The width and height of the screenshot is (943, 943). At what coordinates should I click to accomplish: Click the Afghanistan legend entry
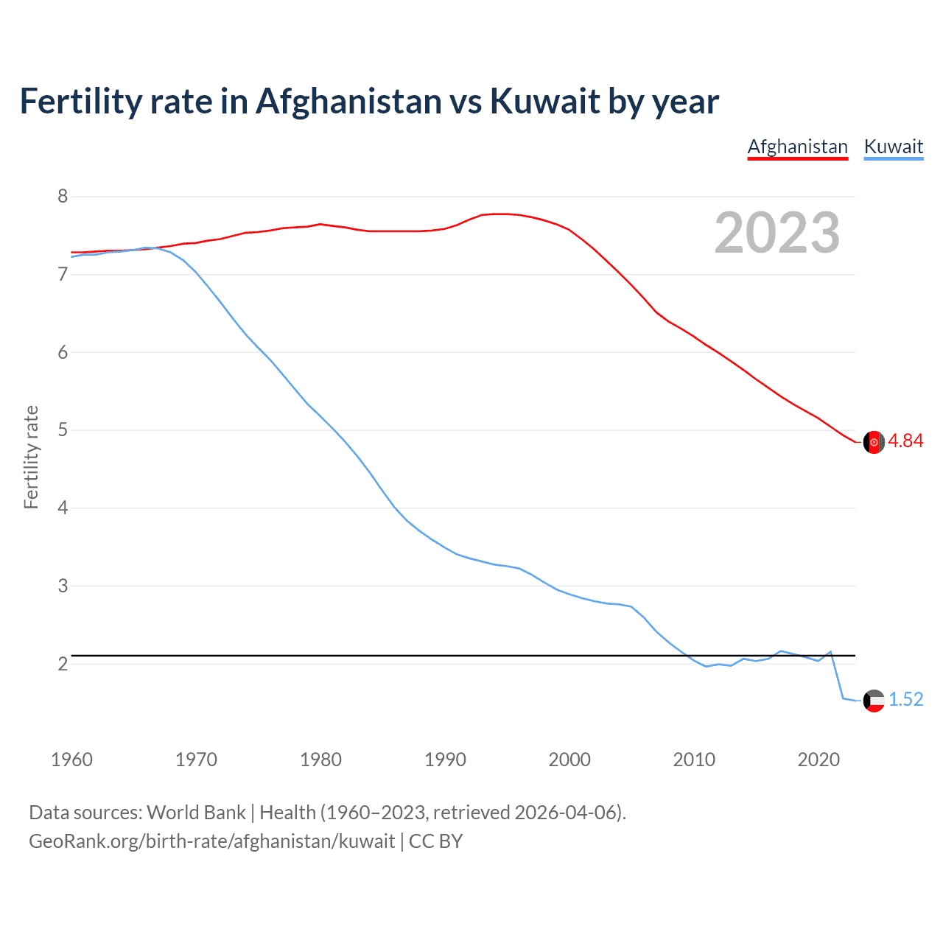pos(797,147)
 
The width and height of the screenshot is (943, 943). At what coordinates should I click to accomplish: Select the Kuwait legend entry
pos(893,147)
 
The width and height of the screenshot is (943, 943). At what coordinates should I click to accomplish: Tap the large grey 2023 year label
pos(777,233)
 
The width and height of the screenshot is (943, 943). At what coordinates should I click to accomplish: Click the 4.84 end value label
pos(905,441)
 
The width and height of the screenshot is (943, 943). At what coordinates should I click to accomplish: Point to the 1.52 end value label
pos(905,699)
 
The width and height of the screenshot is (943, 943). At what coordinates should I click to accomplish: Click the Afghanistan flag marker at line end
pos(874,442)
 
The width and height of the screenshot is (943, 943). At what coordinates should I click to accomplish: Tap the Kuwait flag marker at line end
pos(874,701)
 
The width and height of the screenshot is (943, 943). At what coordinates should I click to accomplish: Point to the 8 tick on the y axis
pos(63,196)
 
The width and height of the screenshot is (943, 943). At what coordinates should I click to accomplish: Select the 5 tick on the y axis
pos(63,430)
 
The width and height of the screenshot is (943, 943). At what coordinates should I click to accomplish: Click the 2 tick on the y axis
pos(63,664)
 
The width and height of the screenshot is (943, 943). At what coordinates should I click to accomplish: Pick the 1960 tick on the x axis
pos(71,760)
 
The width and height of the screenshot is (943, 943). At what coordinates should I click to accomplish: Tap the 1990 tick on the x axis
pos(445,760)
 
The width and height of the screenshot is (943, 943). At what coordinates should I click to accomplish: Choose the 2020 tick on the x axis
pos(818,760)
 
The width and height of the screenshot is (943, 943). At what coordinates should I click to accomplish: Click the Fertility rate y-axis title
pos(31,457)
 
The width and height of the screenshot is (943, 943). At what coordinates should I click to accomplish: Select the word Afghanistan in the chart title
pos(348,101)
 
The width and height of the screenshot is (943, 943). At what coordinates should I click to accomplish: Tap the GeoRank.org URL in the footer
pos(211,841)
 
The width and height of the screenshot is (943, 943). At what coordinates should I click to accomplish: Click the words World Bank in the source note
pos(196,813)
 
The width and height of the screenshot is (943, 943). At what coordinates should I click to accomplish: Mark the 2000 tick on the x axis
pos(569,760)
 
